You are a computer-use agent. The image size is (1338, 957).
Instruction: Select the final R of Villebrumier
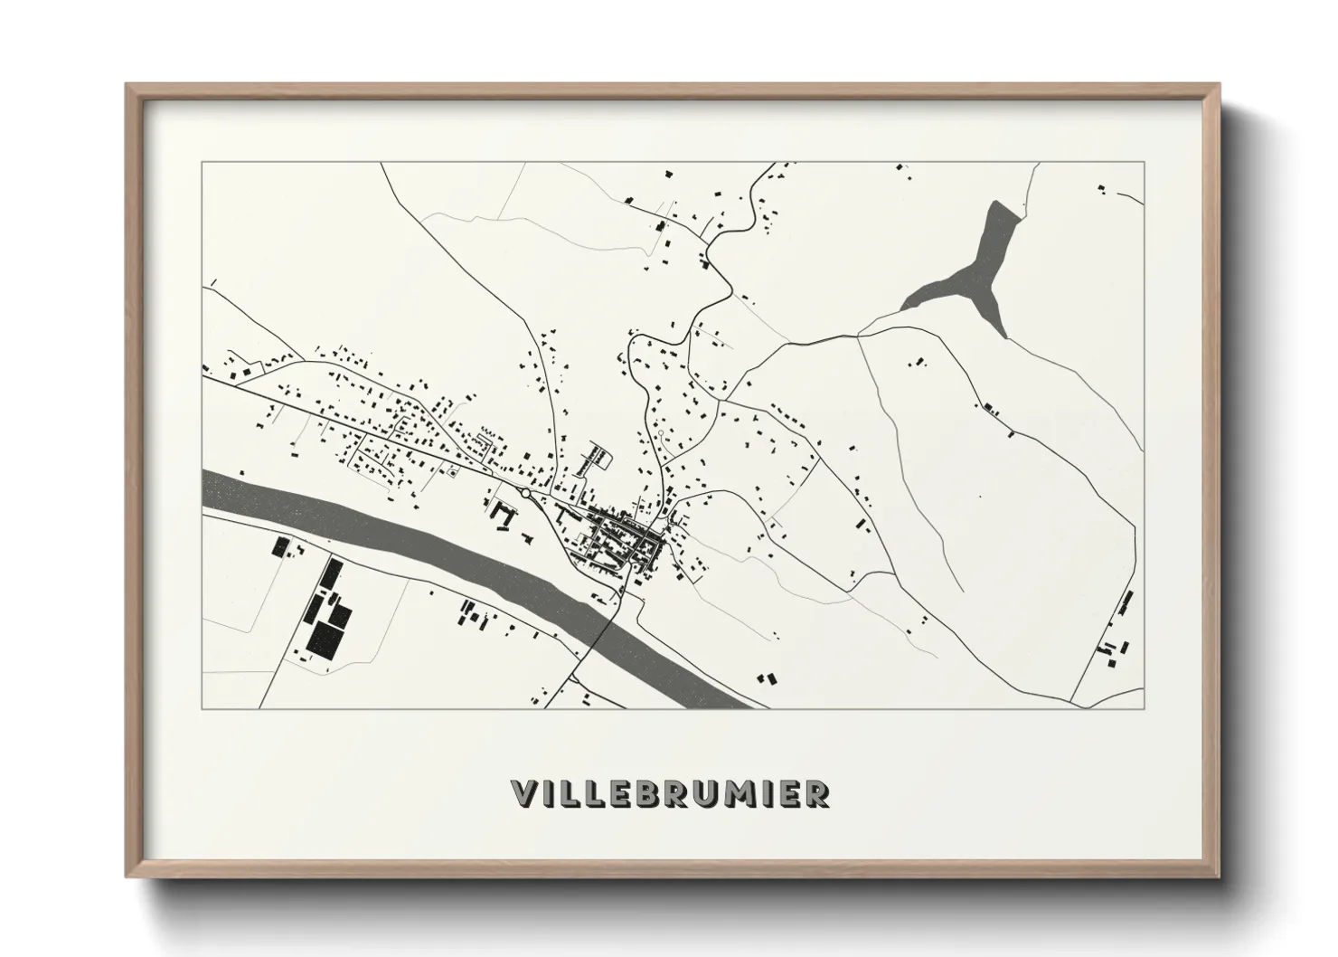[816, 793]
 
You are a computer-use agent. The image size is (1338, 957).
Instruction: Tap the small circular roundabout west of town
[525, 493]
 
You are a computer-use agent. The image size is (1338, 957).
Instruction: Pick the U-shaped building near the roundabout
[502, 516]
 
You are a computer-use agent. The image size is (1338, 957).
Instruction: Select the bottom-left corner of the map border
[203, 708]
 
